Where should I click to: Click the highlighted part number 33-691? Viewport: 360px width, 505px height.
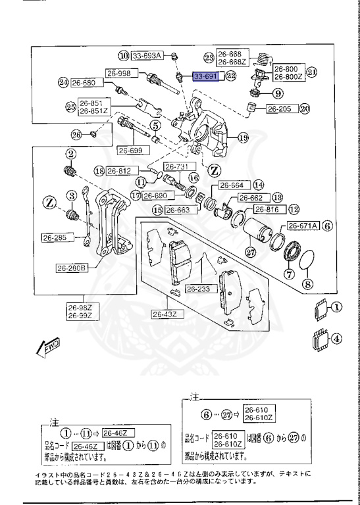[205, 77]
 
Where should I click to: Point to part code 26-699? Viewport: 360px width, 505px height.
[132, 151]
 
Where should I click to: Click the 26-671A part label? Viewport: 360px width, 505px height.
[303, 226]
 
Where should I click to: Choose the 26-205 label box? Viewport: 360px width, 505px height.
[281, 109]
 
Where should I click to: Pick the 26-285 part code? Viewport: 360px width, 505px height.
[56, 238]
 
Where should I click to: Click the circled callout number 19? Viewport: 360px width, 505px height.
[243, 138]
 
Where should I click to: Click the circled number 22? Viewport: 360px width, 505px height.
[230, 77]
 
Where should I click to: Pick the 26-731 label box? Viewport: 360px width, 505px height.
[176, 166]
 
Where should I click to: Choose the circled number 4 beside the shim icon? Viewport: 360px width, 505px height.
[337, 339]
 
